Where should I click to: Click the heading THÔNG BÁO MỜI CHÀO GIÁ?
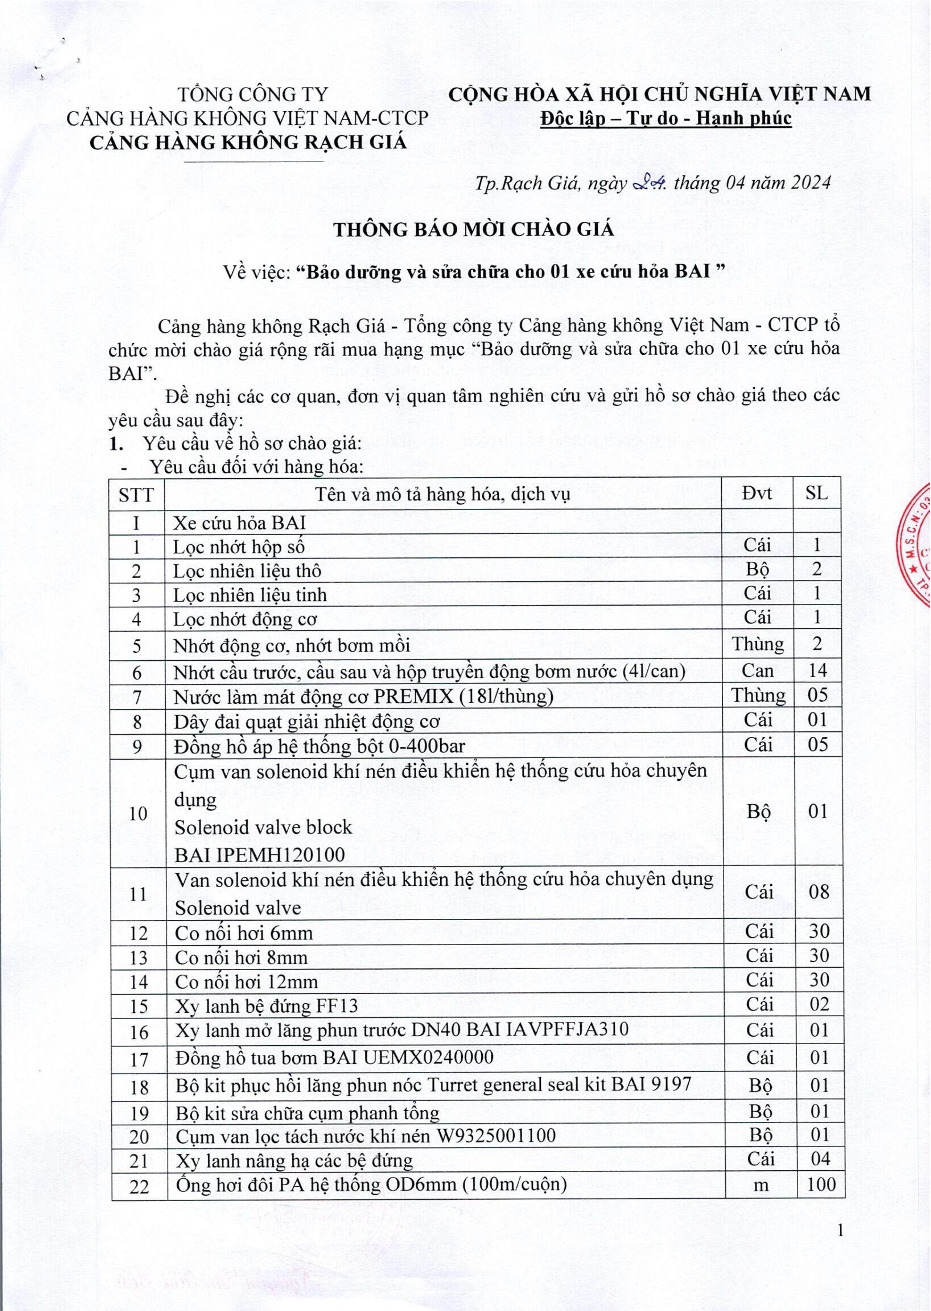474,229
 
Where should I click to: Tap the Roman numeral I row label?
137,523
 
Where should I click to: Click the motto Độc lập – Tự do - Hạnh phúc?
666,119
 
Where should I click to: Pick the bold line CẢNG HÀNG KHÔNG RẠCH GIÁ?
248,142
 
